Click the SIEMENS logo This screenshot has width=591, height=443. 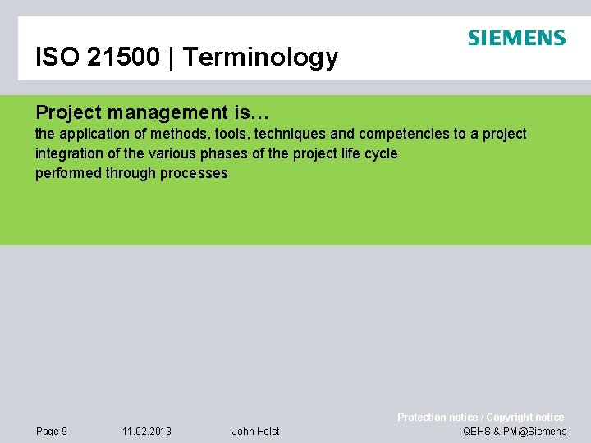click(x=516, y=38)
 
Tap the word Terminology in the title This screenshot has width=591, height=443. click(x=260, y=57)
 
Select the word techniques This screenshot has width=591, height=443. click(x=291, y=134)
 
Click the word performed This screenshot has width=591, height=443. click(x=68, y=173)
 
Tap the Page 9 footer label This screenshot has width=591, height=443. click(x=52, y=432)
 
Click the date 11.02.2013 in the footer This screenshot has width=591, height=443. click(x=147, y=432)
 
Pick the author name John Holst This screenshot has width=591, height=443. click(x=255, y=432)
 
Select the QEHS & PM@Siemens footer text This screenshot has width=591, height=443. click(x=515, y=432)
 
